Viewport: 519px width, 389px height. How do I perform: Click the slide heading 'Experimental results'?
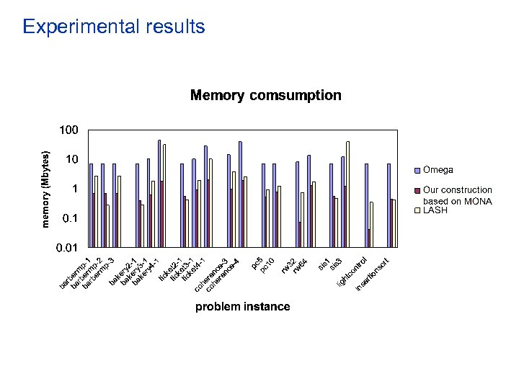pos(114,27)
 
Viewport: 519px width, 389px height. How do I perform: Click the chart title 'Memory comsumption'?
pos(265,95)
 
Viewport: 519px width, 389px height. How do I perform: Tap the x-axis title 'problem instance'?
pos(243,307)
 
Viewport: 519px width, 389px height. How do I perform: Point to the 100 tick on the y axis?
pos(68,130)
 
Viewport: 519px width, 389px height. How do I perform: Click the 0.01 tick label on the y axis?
pos(67,247)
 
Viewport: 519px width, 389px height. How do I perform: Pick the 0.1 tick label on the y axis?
pos(70,218)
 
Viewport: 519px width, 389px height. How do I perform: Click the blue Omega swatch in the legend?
pos(416,171)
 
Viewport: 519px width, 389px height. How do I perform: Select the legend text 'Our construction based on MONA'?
pos(457,196)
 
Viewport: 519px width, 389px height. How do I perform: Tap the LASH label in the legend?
pos(435,211)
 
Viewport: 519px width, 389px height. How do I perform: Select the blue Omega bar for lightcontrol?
pos(366,205)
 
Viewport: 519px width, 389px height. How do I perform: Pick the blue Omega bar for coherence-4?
pos(240,194)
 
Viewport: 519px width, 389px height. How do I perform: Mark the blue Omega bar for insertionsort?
pos(389,205)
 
